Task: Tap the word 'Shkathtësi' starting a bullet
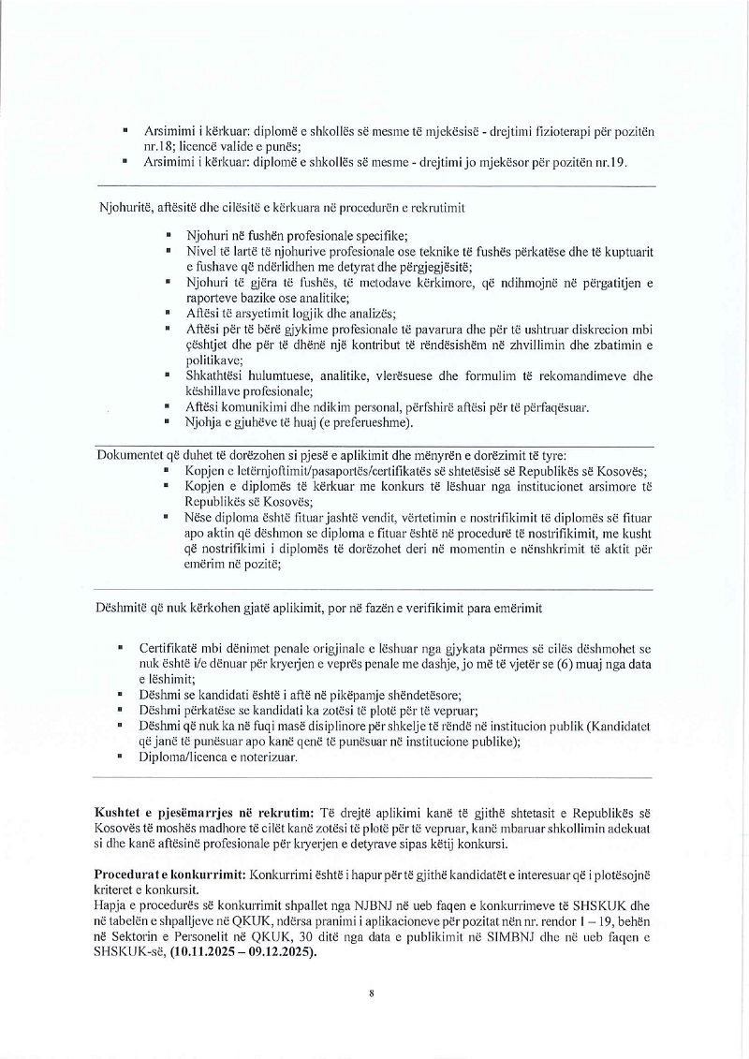(216, 375)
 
